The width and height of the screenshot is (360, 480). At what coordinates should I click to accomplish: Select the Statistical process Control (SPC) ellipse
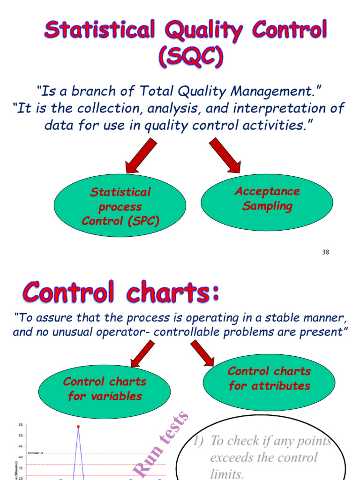(120, 206)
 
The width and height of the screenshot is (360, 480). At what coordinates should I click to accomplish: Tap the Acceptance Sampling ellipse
(267, 199)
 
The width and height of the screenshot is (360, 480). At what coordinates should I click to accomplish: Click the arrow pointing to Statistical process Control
(141, 157)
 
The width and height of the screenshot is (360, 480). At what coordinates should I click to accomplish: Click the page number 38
(326, 252)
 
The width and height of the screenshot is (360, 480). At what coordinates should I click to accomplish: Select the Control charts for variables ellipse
(105, 389)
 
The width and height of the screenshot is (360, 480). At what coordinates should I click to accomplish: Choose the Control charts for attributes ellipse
(269, 379)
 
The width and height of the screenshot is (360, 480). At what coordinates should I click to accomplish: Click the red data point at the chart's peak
(78, 427)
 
